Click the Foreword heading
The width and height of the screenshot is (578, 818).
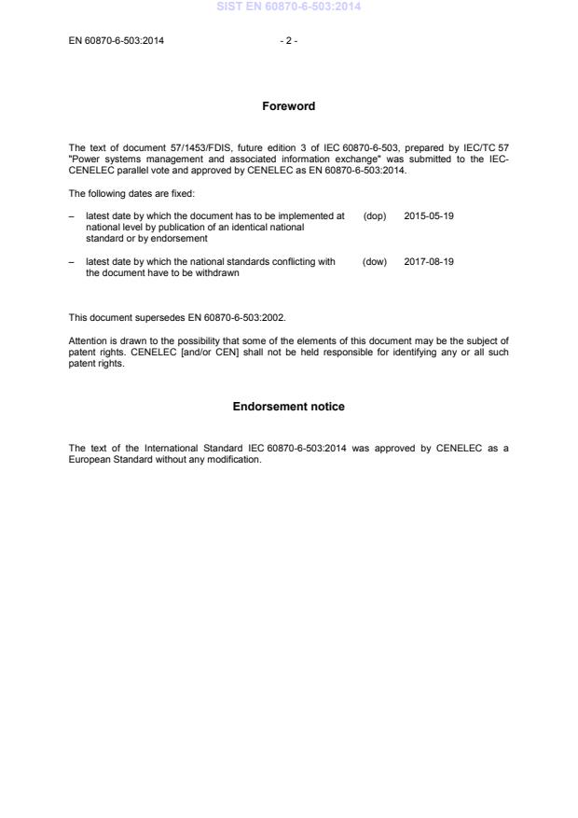[288, 106]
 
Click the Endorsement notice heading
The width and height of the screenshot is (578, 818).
[288, 407]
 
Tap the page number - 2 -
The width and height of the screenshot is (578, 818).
[288, 40]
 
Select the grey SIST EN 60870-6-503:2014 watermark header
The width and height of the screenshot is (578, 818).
[288, 7]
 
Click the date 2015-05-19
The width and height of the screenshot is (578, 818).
[429, 215]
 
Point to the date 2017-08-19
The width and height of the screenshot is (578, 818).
[429, 262]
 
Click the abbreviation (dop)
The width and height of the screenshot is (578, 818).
[374, 215]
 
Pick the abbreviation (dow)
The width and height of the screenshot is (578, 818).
[374, 262]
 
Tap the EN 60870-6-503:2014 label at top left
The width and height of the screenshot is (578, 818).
[117, 40]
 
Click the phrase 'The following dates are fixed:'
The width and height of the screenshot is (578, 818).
[131, 193]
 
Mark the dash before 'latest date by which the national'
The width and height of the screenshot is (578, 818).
[72, 262]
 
